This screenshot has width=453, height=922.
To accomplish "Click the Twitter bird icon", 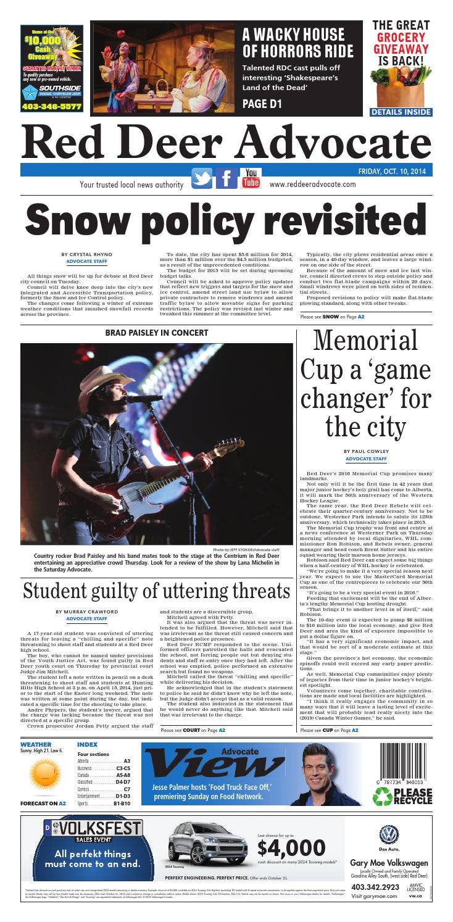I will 201,178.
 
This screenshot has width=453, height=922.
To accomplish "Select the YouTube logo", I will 251,178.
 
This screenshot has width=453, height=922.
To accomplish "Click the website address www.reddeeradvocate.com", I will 312,184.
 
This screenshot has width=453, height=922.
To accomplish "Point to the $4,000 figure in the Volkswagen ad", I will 291,847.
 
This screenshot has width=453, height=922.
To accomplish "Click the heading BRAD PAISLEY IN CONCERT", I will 156,333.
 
